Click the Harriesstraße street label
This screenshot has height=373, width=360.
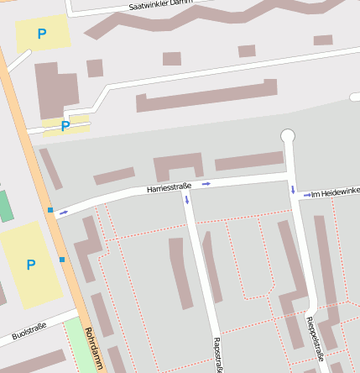click(170, 187)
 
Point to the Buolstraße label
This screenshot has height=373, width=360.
click(29, 329)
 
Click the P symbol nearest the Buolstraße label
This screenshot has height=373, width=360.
click(31, 265)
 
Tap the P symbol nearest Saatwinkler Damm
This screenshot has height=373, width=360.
click(42, 34)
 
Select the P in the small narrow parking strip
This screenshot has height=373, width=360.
click(65, 127)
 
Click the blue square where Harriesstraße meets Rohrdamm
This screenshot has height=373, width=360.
click(50, 210)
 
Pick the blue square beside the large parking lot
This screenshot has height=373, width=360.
click(61, 260)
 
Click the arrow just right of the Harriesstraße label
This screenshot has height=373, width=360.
click(206, 183)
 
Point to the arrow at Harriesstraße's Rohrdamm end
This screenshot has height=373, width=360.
click(63, 213)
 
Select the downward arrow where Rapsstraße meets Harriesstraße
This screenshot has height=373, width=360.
click(187, 200)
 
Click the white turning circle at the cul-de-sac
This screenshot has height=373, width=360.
click(288, 135)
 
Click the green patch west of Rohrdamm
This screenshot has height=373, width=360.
click(5, 207)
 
